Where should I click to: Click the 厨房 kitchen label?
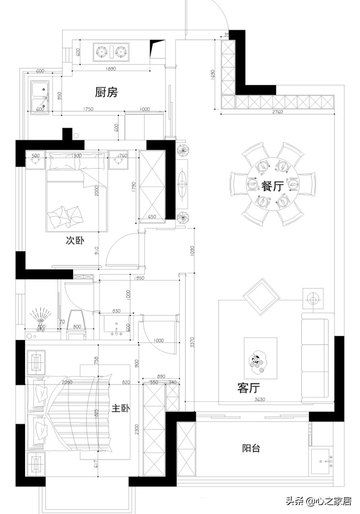(106, 92)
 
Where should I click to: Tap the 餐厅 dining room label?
(272, 186)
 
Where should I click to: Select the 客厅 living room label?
(248, 388)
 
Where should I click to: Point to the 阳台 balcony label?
(251, 448)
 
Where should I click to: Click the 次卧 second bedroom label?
(75, 240)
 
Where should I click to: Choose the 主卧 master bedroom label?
(120, 408)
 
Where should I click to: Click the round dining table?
(273, 184)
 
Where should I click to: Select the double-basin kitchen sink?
(40, 98)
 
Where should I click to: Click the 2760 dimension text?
(277, 112)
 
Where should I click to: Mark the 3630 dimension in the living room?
(260, 399)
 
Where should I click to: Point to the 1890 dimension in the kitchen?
(111, 69)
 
